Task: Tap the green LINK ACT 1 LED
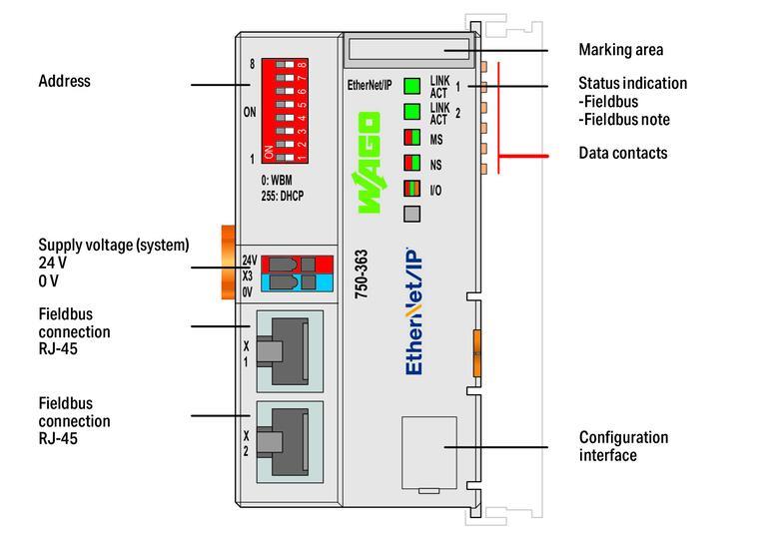pos(411,85)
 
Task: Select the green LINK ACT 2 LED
pos(411,111)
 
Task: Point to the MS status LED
pos(411,137)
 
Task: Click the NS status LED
pos(411,163)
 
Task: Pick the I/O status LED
pos(411,188)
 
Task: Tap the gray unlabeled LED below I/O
pos(411,213)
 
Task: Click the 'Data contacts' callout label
pos(622,154)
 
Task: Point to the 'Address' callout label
pos(64,81)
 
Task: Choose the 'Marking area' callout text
pos(620,49)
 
